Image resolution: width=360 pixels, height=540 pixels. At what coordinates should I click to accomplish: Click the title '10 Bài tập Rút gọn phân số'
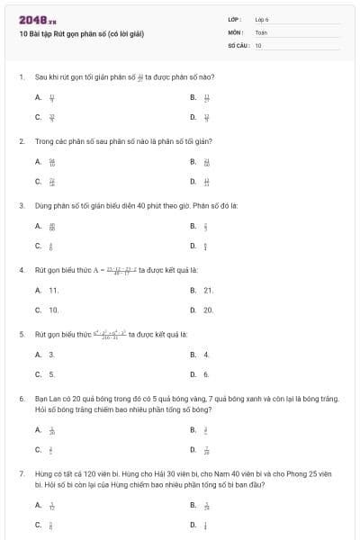[x=82, y=34]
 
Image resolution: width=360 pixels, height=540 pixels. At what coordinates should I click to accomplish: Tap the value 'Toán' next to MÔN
[x=261, y=31]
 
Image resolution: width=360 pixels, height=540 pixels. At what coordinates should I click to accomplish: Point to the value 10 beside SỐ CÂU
[x=258, y=44]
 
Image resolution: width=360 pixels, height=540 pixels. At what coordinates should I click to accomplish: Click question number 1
[x=21, y=77]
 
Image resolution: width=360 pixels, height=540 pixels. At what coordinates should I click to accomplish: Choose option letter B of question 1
[x=193, y=97]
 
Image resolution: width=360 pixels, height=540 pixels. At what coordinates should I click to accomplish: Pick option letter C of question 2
[x=39, y=181]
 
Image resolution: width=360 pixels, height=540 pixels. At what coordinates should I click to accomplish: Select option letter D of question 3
[x=193, y=246]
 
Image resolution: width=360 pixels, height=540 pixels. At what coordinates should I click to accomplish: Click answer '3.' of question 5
[x=51, y=355]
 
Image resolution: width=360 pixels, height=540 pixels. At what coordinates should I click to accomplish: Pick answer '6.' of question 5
[x=206, y=374]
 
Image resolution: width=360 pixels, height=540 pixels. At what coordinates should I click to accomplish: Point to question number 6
[x=21, y=397]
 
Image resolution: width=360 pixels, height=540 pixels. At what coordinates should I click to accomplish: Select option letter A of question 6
[x=39, y=430]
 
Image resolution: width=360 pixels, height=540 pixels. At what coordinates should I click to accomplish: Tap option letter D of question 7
[x=193, y=525]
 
